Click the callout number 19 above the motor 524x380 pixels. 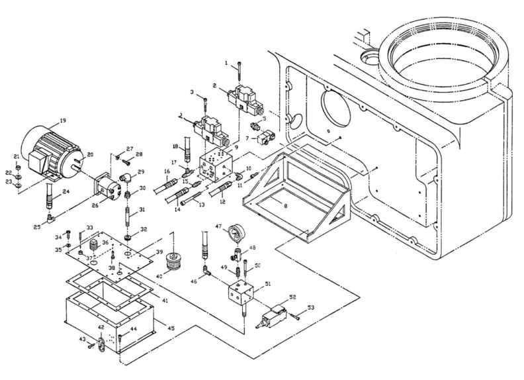click(x=64, y=120)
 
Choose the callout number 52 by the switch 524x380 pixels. click(x=292, y=298)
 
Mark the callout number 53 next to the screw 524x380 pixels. click(x=310, y=308)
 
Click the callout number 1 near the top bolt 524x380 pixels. click(x=226, y=63)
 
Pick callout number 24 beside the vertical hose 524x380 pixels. click(x=65, y=193)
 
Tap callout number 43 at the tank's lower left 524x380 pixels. click(x=83, y=340)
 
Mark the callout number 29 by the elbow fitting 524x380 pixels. click(x=141, y=171)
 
